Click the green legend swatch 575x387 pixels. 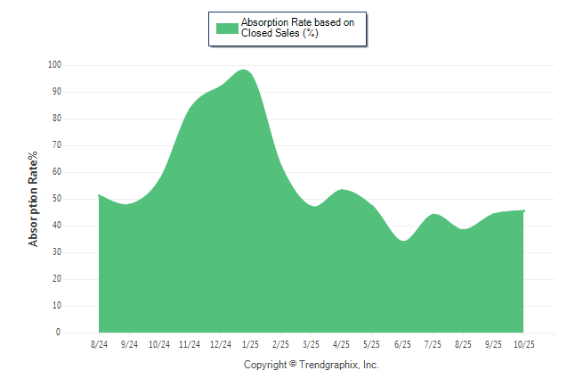point(227,28)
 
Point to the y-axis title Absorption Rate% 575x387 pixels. point(34,198)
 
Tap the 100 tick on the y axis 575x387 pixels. point(55,65)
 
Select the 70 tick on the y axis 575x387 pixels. point(57,145)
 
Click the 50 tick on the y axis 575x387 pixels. point(57,199)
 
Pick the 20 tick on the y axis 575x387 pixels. point(57,279)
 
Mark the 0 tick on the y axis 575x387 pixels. point(59,333)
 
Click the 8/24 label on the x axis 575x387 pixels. point(99,344)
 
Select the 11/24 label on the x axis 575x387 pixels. point(190,344)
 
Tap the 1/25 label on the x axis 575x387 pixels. point(250,344)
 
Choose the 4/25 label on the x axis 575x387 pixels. point(341,344)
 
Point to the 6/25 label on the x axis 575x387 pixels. point(402,344)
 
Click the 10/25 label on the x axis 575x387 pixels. point(523,344)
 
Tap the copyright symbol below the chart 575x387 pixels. point(294,365)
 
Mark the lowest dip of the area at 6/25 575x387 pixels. point(404,241)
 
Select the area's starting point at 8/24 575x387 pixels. point(99,194)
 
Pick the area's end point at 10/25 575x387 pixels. point(524,210)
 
